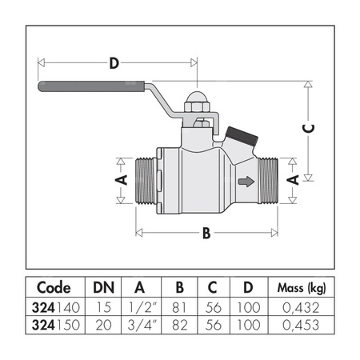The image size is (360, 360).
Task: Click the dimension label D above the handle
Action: (x=114, y=62)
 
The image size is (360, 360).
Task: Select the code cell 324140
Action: (x=54, y=306)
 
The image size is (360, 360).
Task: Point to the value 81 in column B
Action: (x=179, y=306)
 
